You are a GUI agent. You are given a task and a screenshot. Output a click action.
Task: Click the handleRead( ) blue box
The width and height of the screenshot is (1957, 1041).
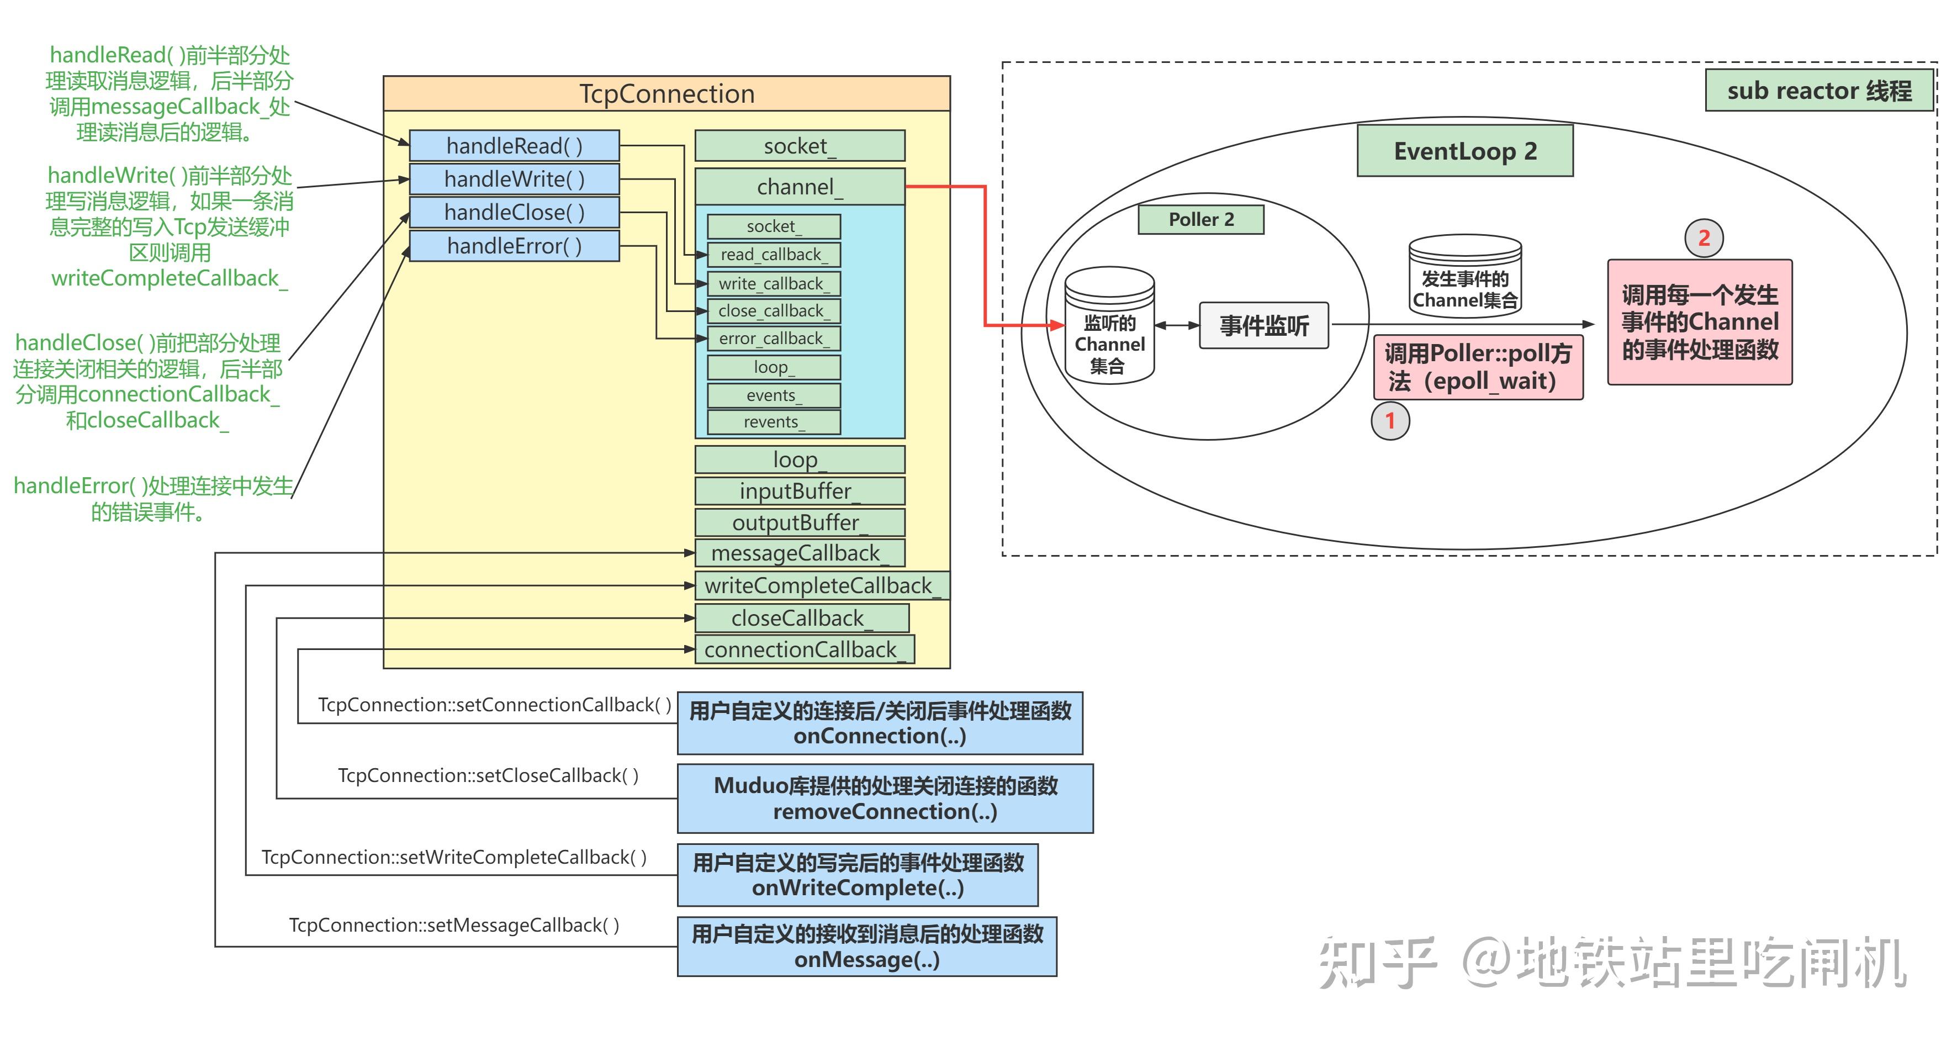(514, 145)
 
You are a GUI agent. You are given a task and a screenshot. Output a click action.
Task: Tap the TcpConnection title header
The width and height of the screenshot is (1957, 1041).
(667, 93)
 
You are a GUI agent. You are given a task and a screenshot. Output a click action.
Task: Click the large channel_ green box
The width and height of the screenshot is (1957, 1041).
(799, 187)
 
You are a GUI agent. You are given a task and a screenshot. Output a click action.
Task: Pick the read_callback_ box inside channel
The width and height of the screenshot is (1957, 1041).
(774, 255)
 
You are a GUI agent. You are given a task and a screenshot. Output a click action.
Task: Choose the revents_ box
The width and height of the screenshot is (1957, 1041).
(774, 422)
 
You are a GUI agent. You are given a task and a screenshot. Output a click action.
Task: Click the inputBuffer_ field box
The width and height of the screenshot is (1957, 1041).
(799, 491)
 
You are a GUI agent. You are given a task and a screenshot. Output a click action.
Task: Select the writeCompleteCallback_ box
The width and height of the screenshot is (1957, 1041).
(821, 585)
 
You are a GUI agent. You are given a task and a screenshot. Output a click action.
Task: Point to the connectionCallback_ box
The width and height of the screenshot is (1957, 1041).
(804, 649)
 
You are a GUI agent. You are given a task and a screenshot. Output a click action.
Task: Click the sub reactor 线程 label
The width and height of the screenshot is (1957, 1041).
(1819, 91)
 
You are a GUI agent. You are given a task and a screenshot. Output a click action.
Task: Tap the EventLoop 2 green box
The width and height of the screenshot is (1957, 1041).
(1464, 151)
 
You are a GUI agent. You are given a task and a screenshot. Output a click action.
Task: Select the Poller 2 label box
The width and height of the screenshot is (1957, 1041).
(1200, 220)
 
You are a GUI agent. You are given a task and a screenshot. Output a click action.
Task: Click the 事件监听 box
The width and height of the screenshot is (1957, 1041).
(1263, 326)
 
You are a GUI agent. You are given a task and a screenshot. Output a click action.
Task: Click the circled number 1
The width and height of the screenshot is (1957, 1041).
(1389, 420)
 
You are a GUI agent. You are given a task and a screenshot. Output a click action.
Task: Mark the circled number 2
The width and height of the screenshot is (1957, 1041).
(1703, 238)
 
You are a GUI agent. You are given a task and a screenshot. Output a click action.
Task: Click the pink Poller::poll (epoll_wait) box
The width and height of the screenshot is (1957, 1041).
(1478, 367)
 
